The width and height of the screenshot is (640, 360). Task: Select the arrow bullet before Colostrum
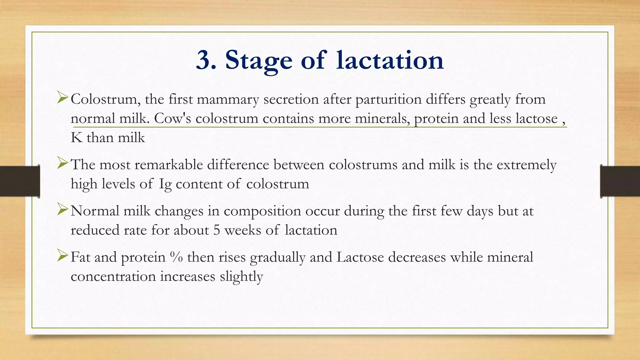click(x=62, y=98)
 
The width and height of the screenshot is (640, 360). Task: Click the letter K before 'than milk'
click(x=76, y=138)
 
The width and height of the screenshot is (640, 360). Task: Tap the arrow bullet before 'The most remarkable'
click(x=62, y=163)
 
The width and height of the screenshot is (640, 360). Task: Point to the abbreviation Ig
click(x=165, y=184)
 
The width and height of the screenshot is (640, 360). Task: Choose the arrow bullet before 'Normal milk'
click(x=62, y=209)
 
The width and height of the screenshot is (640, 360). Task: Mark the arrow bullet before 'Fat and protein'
click(x=62, y=256)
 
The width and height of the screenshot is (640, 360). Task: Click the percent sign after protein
click(x=176, y=257)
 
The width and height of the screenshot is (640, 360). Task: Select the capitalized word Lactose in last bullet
click(x=360, y=257)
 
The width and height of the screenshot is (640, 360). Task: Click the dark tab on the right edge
click(x=620, y=181)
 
